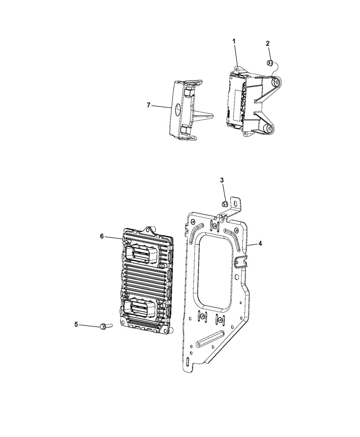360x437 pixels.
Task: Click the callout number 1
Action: point(234,41)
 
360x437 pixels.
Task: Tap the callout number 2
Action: point(268,44)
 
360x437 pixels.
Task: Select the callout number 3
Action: point(222,180)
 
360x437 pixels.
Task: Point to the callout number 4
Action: point(260,243)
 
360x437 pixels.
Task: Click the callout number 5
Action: point(76,330)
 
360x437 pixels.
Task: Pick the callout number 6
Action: point(102,236)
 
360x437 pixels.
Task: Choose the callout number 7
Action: point(148,105)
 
